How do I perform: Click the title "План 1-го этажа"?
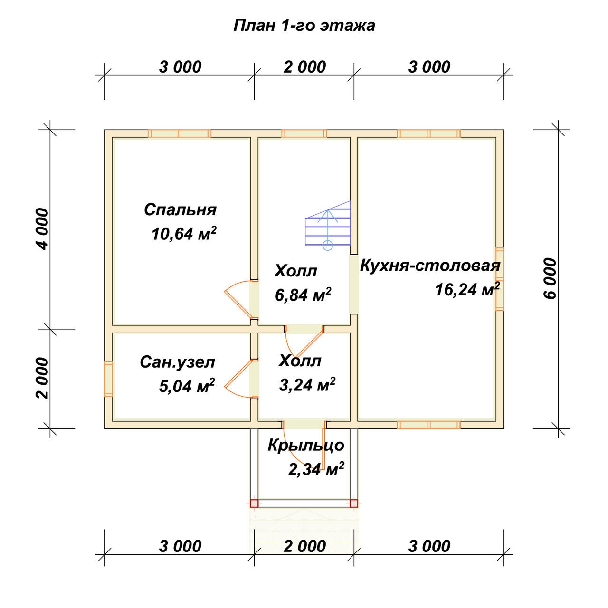(x=304, y=26)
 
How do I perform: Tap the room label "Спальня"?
(x=180, y=209)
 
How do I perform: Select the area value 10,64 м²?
(x=184, y=234)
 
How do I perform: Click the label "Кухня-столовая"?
(x=430, y=266)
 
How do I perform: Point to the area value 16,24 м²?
(x=467, y=289)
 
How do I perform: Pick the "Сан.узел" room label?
(x=177, y=362)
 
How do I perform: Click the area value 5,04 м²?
(x=187, y=386)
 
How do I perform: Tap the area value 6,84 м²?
(x=303, y=294)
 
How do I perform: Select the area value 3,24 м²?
(x=307, y=384)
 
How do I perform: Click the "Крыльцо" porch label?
(x=306, y=446)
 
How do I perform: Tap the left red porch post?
(x=254, y=503)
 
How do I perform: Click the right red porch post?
(x=354, y=503)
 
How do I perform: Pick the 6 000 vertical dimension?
(x=550, y=279)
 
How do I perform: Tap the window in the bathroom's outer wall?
(x=109, y=379)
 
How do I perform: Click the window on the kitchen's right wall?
(x=499, y=279)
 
